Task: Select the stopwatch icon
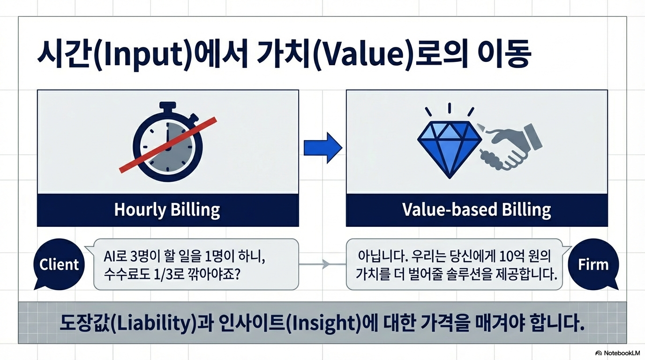point(168,142)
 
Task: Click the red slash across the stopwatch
point(168,145)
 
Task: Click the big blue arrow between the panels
point(323,148)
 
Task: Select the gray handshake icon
point(510,147)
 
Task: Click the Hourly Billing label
point(167,210)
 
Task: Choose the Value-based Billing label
point(477,210)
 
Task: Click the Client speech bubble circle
point(59,264)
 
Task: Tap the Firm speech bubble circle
point(593,264)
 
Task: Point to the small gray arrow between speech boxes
point(322,264)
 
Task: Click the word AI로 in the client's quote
point(115,256)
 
